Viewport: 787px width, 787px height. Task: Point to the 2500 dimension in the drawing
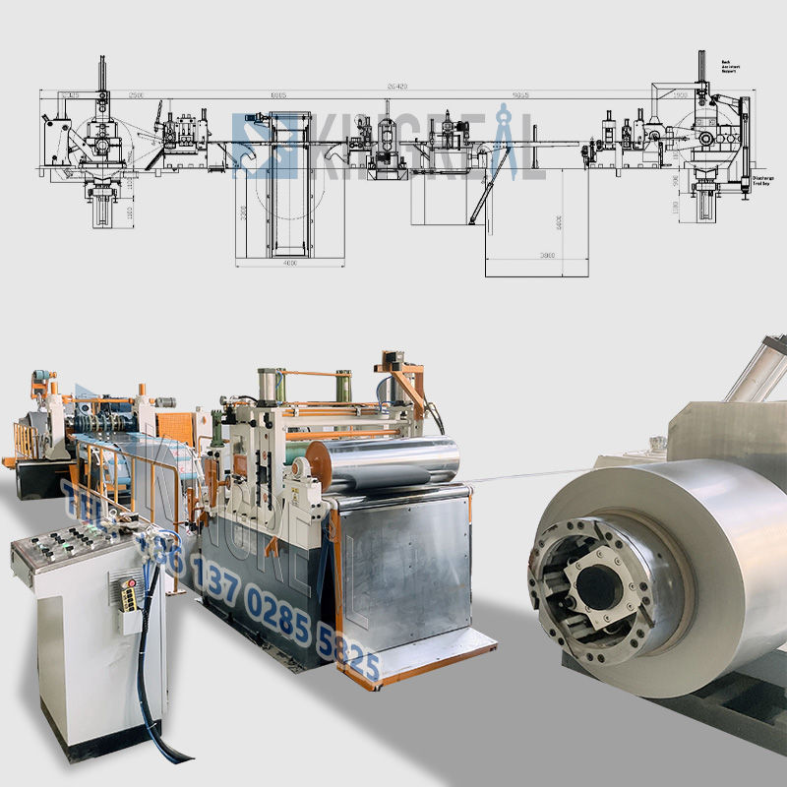(x=136, y=95)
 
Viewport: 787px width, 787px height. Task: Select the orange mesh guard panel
(x=177, y=433)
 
